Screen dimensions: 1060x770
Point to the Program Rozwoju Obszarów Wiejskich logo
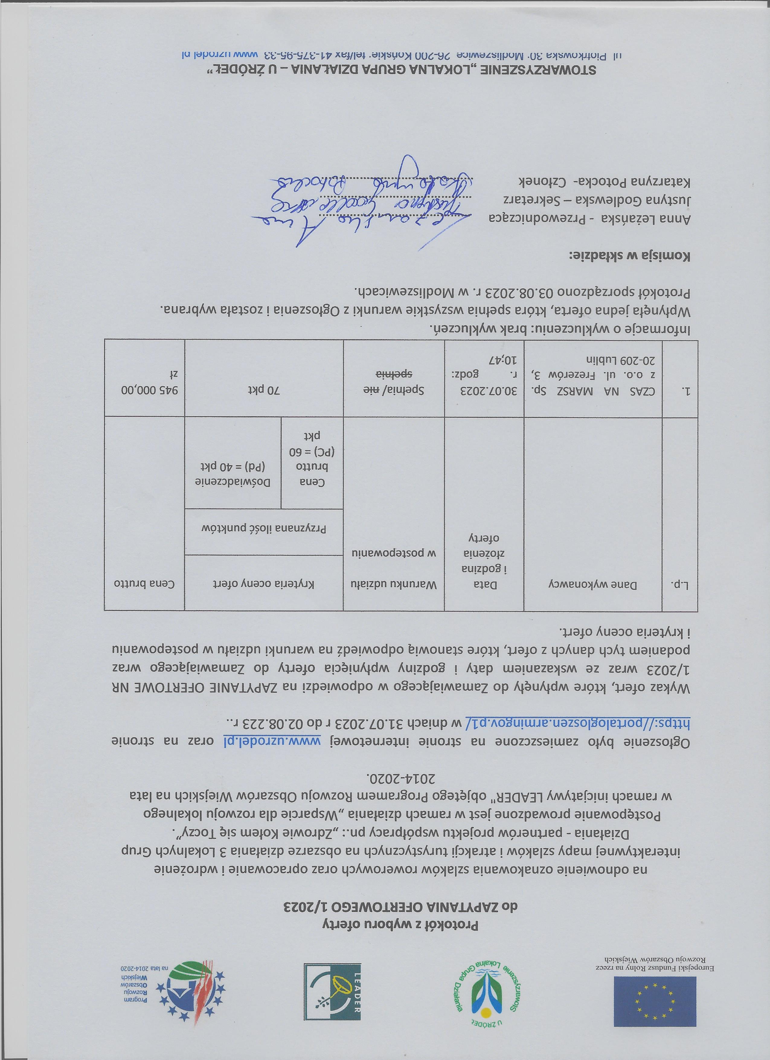click(x=187, y=991)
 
